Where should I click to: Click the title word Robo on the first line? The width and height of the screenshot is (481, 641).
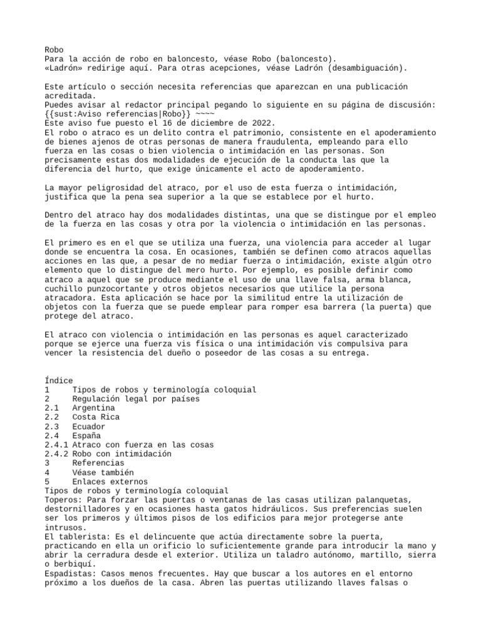point(54,49)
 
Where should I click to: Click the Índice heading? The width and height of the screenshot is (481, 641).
point(59,380)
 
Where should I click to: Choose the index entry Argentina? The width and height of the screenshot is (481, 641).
point(93,408)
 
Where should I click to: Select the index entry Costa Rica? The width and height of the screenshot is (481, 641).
point(96,417)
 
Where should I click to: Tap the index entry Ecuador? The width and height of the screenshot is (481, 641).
point(89,426)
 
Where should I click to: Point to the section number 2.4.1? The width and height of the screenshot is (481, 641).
point(56,444)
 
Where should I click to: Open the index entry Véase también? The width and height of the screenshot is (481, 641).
point(103,473)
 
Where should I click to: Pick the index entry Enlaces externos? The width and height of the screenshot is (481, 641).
point(110,481)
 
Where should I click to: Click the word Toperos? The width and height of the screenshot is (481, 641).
point(63,500)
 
